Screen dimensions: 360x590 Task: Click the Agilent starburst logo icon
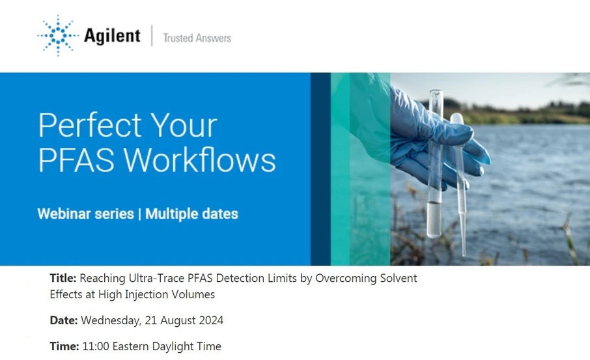[57, 35]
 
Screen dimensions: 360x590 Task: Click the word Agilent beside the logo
[112, 36]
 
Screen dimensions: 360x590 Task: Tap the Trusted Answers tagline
[197, 38]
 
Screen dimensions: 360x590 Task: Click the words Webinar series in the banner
[85, 214]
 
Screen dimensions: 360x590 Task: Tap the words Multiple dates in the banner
[192, 214]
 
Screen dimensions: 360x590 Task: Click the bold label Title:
[63, 279]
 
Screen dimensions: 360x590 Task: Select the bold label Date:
[64, 320]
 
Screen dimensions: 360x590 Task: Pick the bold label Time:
[64, 346]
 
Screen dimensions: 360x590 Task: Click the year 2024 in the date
[210, 320]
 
